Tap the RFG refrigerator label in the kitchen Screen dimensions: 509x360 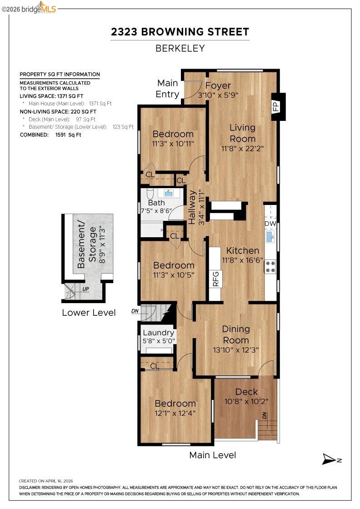coord(215,279)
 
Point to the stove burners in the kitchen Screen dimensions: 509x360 coord(270,266)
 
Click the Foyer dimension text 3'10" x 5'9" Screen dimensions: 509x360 coord(218,95)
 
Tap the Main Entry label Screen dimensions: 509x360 coord(168,89)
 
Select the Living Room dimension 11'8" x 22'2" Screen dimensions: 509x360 coord(242,148)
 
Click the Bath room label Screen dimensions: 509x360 coord(156,203)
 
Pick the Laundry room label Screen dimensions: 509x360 coord(159,333)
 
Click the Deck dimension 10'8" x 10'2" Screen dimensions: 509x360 coord(247,401)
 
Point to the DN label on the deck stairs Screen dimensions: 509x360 coord(265,415)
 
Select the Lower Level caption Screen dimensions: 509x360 coord(89,313)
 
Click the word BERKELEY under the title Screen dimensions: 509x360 coord(180,48)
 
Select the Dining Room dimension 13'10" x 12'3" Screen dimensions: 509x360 coord(236,350)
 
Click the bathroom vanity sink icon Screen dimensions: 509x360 coord(168,193)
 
